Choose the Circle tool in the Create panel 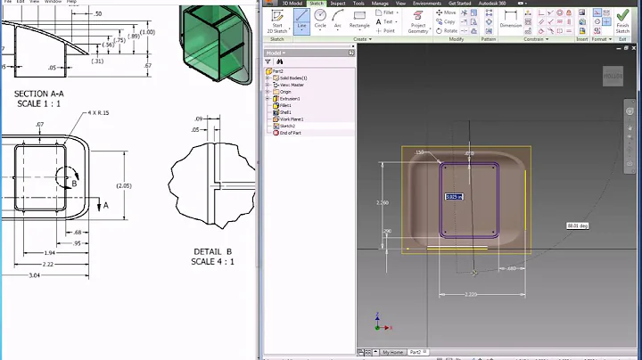pyautogui.click(x=320, y=19)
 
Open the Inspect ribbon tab pyautogui.click(x=338, y=4)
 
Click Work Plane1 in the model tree pyautogui.click(x=292, y=119)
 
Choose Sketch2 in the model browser pyautogui.click(x=288, y=126)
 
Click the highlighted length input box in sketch pyautogui.click(x=453, y=196)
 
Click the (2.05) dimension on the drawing pyautogui.click(x=123, y=185)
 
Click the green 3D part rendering pyautogui.click(x=215, y=45)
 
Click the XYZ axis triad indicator pyautogui.click(x=378, y=322)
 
